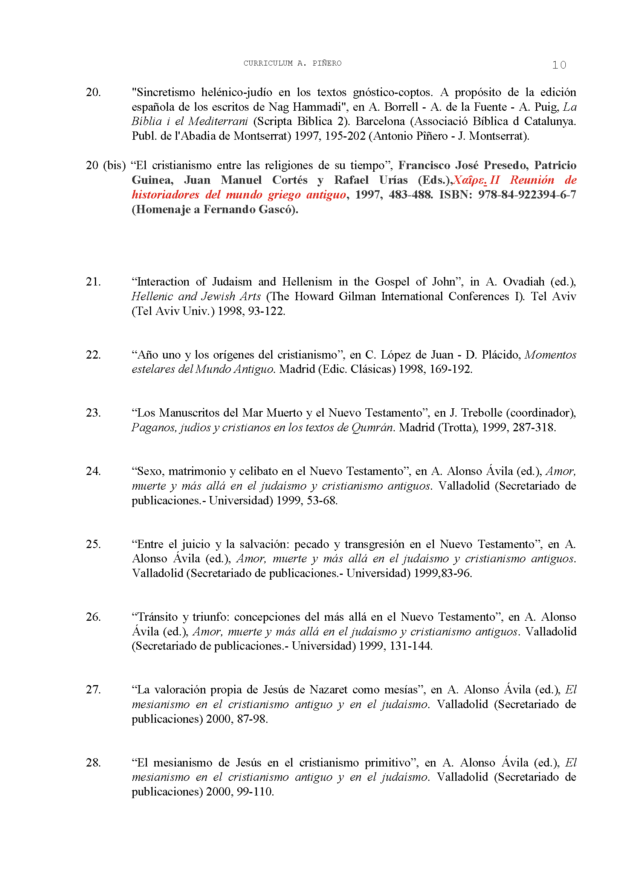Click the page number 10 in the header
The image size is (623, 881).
pos(559,65)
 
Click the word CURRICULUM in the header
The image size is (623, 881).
pos(268,63)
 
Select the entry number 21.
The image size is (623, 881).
pos(93,282)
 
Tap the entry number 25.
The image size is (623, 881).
pos(93,545)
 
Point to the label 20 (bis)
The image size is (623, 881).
pos(106,166)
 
